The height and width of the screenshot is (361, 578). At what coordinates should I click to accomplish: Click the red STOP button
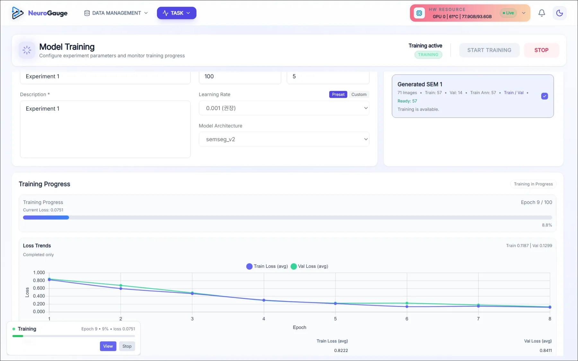[x=541, y=50]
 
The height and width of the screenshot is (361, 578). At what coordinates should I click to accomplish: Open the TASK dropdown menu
[x=177, y=13]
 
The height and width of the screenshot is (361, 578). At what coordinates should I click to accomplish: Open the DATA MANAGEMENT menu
[x=116, y=13]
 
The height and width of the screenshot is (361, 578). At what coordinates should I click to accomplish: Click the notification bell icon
[x=542, y=13]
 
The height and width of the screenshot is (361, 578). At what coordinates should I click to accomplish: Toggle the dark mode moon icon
[x=560, y=13]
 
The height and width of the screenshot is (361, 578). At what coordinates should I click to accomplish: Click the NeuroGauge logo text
[x=48, y=13]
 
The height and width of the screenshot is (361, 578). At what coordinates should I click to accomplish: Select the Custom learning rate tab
[x=359, y=94]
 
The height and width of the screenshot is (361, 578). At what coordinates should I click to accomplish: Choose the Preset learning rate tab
[x=338, y=94]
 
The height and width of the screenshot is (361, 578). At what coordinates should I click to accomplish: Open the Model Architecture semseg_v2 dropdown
[x=284, y=139]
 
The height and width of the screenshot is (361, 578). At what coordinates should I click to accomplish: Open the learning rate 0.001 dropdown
[x=284, y=108]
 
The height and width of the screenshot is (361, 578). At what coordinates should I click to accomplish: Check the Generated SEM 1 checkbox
[x=545, y=96]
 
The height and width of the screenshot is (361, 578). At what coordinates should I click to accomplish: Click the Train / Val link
[x=513, y=93]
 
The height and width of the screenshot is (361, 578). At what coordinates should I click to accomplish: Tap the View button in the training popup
[x=108, y=346]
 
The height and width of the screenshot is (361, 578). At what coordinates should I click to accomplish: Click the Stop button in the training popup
[x=127, y=346]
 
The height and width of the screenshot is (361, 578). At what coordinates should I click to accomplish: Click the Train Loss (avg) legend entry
[x=267, y=266]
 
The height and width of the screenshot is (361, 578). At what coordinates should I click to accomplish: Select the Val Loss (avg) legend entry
[x=310, y=266]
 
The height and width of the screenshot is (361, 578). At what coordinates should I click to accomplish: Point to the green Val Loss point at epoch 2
[x=121, y=286]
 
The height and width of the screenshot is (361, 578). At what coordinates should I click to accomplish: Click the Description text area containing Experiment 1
[x=105, y=129]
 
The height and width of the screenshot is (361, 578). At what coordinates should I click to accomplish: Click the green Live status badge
[x=508, y=13]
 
